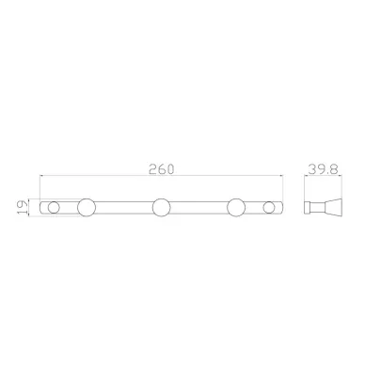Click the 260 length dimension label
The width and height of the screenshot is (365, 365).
coord(161,169)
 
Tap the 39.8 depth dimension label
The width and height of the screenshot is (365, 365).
coord(323,169)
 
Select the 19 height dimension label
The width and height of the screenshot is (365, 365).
coord(22,207)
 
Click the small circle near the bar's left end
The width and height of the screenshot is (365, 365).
coord(54,208)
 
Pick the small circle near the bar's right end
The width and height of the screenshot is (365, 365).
coord(268,208)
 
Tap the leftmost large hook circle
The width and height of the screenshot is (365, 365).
coord(87,208)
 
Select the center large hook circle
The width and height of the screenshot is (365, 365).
coord(162,208)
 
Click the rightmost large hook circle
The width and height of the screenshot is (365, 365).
coord(236,208)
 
